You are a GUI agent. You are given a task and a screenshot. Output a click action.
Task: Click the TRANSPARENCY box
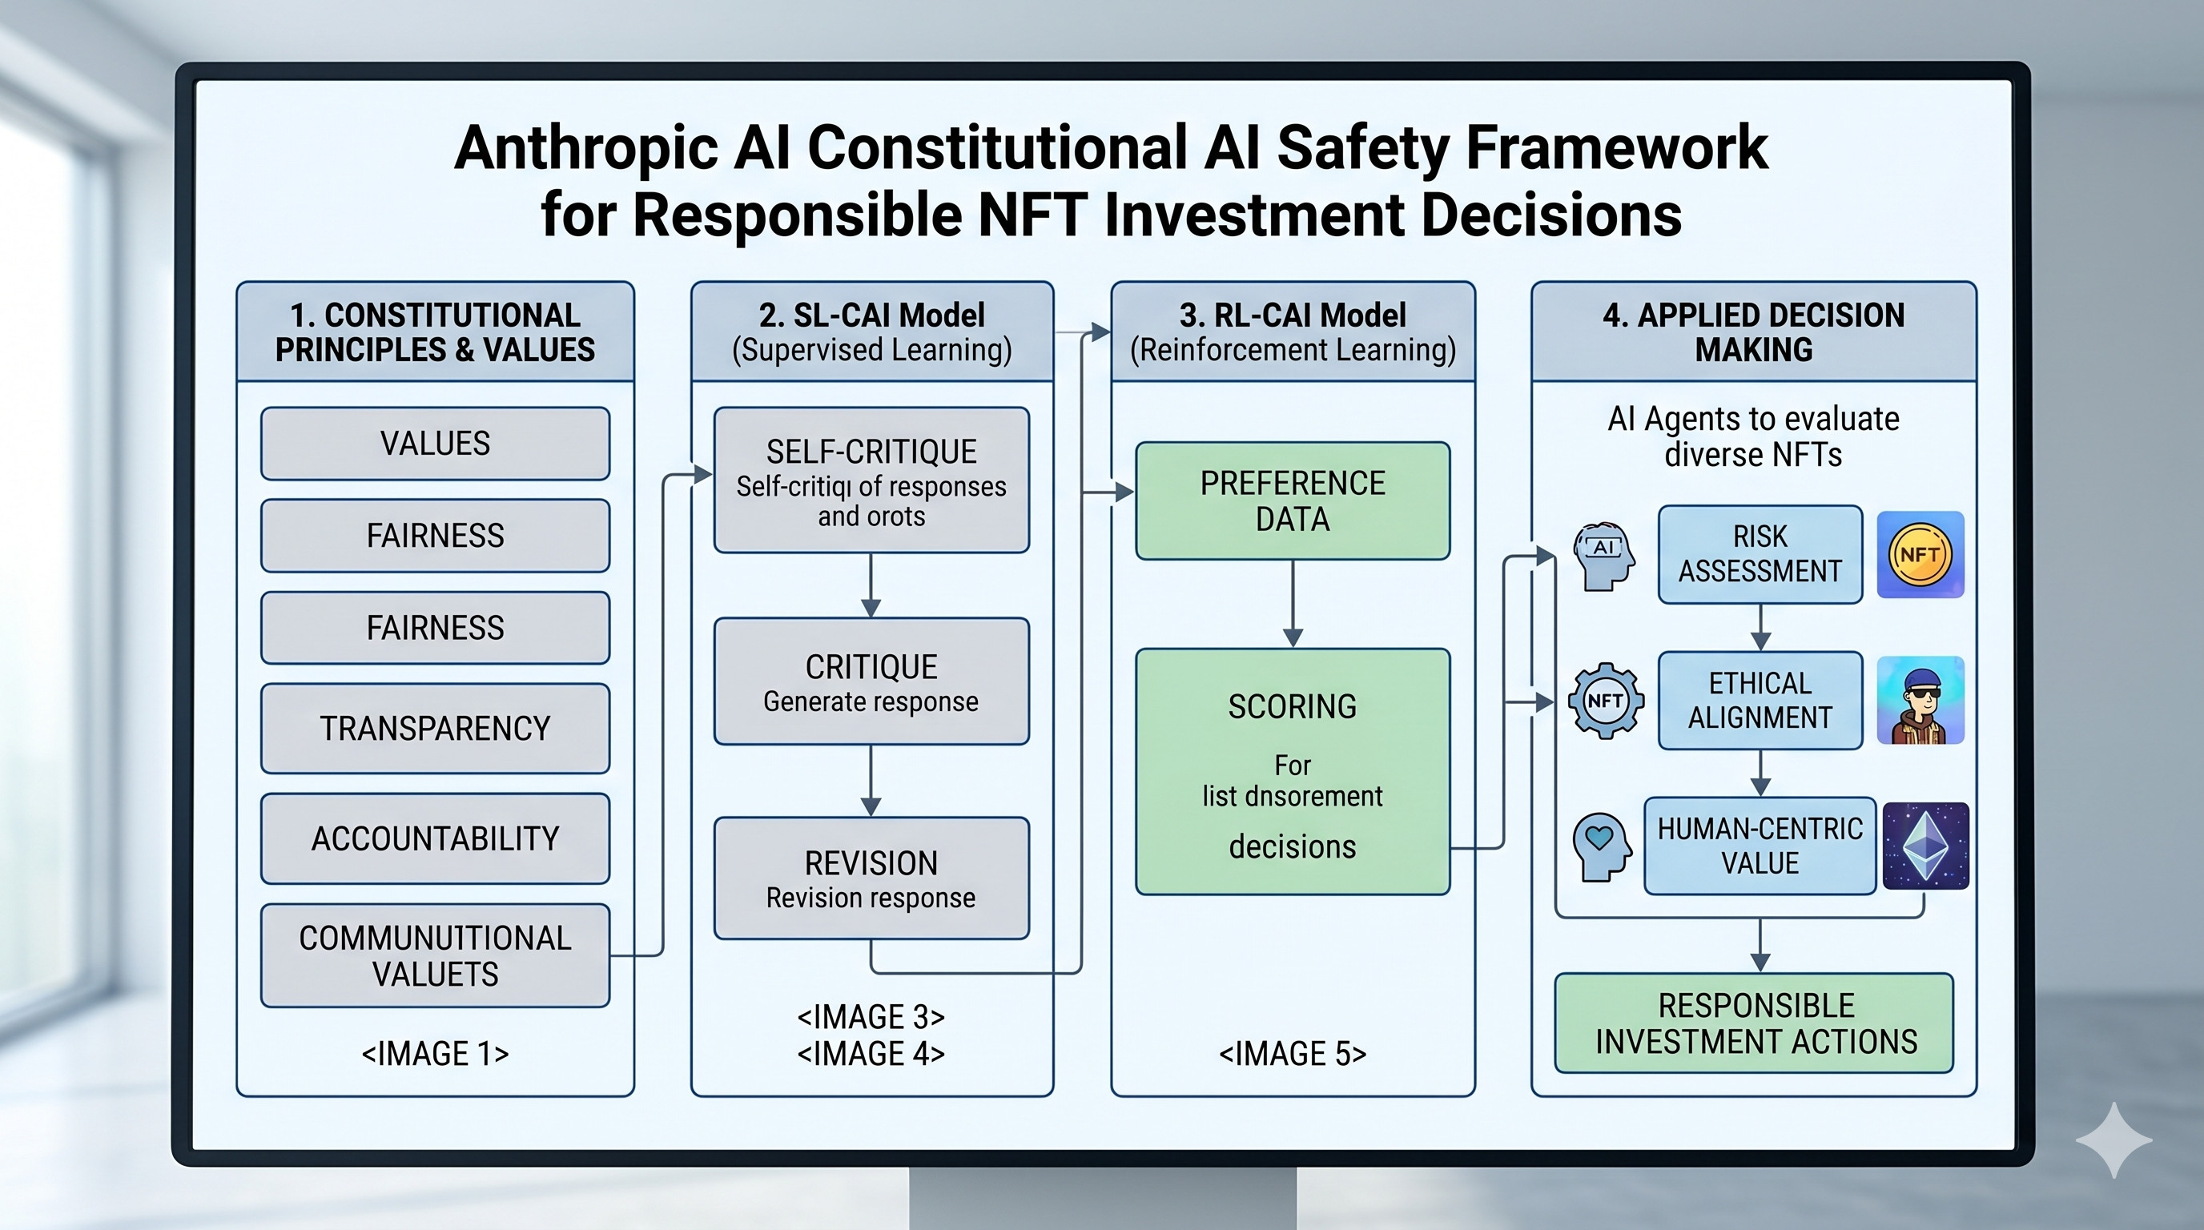point(435,728)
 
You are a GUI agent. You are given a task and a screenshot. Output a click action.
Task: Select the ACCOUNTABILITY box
point(435,838)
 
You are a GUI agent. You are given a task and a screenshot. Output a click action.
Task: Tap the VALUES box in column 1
point(435,443)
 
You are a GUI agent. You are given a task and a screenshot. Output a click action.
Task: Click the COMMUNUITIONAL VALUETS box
point(435,955)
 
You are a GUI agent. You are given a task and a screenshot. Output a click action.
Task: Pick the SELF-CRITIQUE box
point(871,480)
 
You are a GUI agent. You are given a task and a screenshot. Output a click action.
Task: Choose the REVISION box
point(871,878)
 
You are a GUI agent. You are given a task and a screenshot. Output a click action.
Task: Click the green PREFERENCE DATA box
point(1292,500)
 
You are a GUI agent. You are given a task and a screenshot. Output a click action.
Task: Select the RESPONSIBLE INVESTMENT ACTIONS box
point(1754,1023)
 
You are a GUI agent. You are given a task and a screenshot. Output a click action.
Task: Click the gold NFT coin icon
point(1919,554)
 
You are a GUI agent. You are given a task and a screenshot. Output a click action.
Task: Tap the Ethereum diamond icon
point(1925,846)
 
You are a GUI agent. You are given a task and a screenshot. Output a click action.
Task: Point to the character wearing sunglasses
point(1920,701)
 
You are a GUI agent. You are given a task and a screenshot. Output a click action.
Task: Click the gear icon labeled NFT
point(1605,701)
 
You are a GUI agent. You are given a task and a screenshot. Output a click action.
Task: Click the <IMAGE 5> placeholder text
point(1292,1053)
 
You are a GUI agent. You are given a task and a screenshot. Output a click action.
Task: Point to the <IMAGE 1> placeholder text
point(435,1053)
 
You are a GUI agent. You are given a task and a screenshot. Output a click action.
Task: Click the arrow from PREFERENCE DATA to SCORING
point(1293,604)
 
